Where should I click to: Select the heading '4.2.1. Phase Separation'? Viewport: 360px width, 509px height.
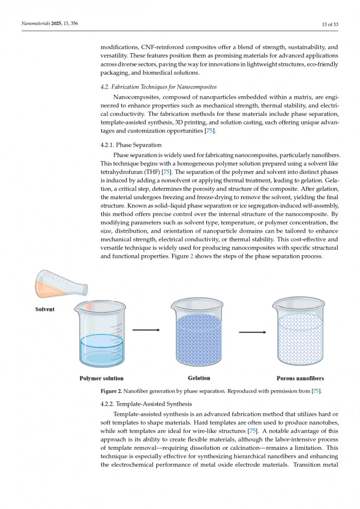(131, 145)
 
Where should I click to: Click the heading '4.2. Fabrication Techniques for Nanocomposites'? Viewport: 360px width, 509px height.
(158, 86)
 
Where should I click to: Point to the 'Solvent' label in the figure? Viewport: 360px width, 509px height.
(45, 309)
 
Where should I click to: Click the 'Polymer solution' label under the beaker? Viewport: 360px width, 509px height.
(101, 378)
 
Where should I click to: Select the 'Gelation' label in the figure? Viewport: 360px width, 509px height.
(199, 378)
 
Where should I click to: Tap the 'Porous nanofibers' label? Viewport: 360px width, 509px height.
(300, 378)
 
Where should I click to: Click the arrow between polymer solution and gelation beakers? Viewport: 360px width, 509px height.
(146, 330)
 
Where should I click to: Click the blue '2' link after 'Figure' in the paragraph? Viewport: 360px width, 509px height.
(192, 256)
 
